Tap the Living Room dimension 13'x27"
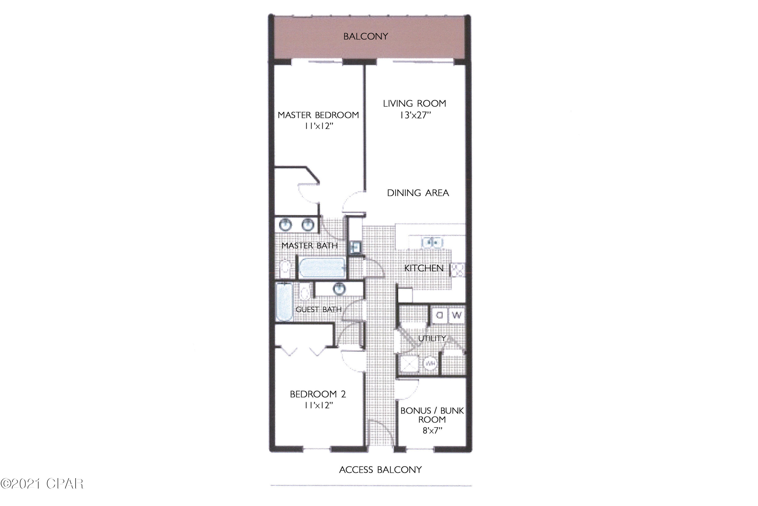(x=415, y=115)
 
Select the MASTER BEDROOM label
(x=318, y=115)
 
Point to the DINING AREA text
(x=418, y=193)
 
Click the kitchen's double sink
(x=432, y=242)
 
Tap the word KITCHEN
(x=423, y=268)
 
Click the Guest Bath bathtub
(x=284, y=302)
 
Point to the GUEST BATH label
(x=318, y=309)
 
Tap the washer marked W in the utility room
(x=457, y=315)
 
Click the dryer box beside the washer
(x=439, y=315)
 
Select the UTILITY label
(x=432, y=339)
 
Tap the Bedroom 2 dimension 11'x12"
(x=318, y=405)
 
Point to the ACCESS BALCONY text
(x=380, y=470)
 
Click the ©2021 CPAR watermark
(x=42, y=484)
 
